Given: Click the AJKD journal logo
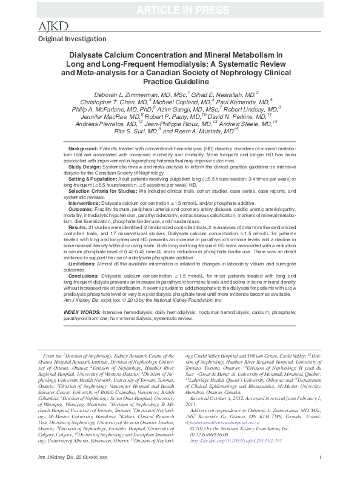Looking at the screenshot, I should pos(52,25).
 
